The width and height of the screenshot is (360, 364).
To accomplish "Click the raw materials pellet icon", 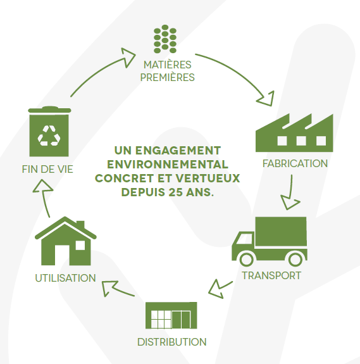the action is point(165,39).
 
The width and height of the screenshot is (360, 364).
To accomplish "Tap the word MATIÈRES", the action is point(167,65).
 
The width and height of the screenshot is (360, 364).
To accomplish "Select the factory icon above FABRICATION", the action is point(294,133).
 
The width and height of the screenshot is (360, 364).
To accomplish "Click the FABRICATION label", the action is point(295,163).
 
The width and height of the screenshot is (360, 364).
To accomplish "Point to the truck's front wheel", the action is point(246,258).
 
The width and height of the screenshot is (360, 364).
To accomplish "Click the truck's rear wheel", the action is point(295,258).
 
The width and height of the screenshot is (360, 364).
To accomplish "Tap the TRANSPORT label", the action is point(271,275).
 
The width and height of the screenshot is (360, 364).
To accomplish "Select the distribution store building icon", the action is point(171,315).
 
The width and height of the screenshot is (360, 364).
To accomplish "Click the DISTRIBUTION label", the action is point(172,342).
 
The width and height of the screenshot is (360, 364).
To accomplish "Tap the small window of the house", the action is point(80,246).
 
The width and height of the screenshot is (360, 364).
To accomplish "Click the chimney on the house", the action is point(80,225).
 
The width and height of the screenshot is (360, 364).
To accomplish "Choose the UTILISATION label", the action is point(65,278).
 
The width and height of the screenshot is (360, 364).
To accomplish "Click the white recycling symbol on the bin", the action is point(49,136).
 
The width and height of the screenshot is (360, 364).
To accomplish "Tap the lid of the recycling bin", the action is point(49,110).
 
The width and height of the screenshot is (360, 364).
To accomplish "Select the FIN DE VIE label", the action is point(47,169).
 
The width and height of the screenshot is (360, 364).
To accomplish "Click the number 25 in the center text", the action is point(175,192).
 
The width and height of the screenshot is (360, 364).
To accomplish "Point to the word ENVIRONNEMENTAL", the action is point(168,165).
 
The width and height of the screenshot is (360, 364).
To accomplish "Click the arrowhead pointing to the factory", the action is point(267,99).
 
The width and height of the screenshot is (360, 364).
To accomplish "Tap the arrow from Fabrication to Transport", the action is point(290,193).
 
